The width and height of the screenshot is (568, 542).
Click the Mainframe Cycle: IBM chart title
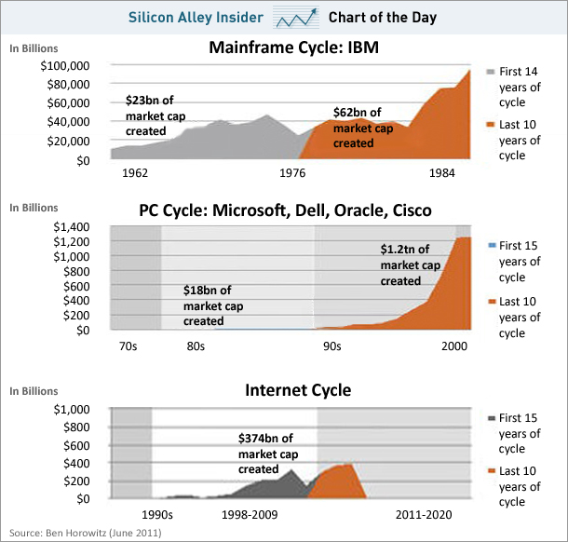(294, 47)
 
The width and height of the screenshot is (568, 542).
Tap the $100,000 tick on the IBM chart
(65, 66)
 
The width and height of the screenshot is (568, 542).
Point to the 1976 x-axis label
(292, 173)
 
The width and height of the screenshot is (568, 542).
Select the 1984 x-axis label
(442, 173)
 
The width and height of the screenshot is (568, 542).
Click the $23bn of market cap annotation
(156, 115)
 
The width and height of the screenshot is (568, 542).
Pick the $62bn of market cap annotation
(363, 128)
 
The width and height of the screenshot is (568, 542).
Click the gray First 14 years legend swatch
(491, 72)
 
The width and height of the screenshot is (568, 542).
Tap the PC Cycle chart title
(286, 210)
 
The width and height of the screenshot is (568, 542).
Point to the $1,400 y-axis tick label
(72, 227)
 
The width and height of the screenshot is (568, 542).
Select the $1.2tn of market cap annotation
(411, 265)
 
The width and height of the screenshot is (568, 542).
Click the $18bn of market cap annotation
(213, 305)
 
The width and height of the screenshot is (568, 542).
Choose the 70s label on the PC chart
(128, 346)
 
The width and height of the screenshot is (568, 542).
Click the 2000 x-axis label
(454, 346)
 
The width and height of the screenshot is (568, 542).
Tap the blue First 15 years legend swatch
(492, 246)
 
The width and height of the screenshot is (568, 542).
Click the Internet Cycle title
(298, 390)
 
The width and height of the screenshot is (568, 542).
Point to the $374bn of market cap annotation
(268, 454)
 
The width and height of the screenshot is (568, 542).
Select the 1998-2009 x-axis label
(250, 515)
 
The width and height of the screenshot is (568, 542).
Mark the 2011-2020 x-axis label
(424, 515)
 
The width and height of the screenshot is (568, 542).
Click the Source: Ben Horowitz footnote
(86, 533)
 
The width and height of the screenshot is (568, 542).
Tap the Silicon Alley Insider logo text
(196, 18)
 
